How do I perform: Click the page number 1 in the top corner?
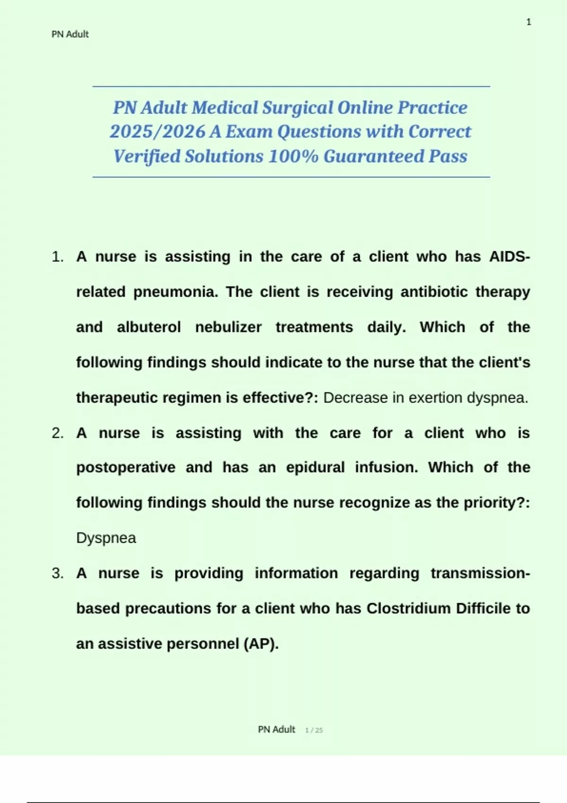tap(529, 22)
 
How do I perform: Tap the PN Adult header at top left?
tap(70, 34)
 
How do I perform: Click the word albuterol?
tap(149, 327)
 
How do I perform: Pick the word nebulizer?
tap(228, 327)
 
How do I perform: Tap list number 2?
tap(58, 433)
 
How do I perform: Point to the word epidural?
tap(315, 468)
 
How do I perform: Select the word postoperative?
tap(126, 468)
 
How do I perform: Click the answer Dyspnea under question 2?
tap(106, 538)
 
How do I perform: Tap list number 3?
tap(58, 573)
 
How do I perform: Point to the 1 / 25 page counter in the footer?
tap(314, 730)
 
